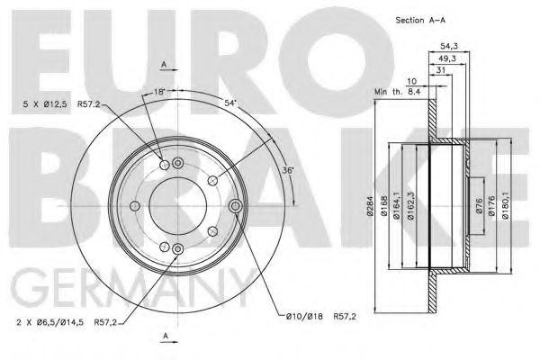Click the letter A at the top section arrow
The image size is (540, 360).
tap(164, 63)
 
